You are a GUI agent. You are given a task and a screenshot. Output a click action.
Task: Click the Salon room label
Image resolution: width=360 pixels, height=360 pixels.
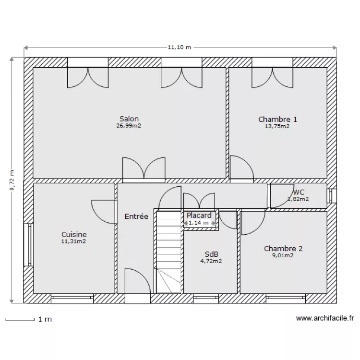click(129, 119)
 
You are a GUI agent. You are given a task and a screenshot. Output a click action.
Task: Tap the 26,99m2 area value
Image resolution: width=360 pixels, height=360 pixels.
click(129, 126)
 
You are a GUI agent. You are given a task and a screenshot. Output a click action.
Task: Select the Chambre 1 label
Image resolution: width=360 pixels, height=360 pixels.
click(277, 119)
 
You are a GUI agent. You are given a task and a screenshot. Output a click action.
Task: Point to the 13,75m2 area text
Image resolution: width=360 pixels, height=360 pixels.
click(277, 126)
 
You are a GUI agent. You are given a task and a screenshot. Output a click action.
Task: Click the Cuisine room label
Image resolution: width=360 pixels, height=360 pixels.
click(74, 234)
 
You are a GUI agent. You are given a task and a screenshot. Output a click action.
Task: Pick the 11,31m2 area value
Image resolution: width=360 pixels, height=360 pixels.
click(74, 241)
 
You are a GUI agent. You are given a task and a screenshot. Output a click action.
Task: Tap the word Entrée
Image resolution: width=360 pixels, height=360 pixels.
click(136, 216)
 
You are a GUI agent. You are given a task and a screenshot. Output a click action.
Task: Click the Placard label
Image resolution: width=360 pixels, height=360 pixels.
click(199, 216)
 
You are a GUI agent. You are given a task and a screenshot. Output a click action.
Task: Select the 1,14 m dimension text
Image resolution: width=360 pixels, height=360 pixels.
click(199, 223)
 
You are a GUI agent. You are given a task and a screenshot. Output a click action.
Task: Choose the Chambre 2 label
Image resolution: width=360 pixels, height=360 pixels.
click(283, 249)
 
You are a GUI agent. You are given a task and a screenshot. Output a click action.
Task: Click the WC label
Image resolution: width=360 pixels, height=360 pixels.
click(299, 192)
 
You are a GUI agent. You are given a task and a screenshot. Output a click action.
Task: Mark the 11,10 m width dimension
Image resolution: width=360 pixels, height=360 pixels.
click(179, 47)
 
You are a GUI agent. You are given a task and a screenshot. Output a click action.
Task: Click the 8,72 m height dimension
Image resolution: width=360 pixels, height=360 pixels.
click(12, 180)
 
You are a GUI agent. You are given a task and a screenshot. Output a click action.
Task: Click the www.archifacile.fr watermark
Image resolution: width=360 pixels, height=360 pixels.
click(324, 318)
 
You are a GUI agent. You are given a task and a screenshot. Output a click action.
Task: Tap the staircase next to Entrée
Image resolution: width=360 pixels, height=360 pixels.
click(168, 252)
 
